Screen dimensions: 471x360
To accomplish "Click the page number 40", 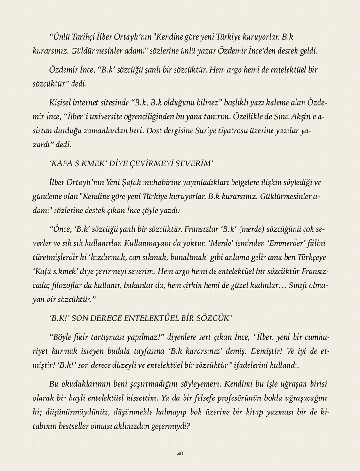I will coord(180,453).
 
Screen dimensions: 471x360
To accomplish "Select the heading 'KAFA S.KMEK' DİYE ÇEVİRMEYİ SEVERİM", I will coord(131,163).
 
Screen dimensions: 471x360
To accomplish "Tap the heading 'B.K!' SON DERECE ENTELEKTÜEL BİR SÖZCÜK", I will coord(140,318).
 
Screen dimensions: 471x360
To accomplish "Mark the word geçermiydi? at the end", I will coord(168,427).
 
